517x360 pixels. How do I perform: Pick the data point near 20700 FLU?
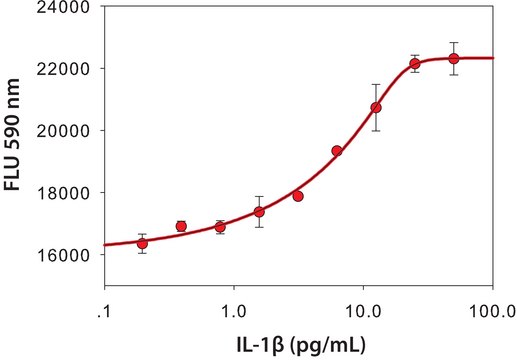(376, 107)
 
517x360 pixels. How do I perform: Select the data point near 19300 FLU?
(337, 151)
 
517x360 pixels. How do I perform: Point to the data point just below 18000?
(298, 196)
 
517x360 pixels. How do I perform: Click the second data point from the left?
(181, 226)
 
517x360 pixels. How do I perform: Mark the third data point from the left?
(220, 227)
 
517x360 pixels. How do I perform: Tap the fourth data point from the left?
(259, 212)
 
